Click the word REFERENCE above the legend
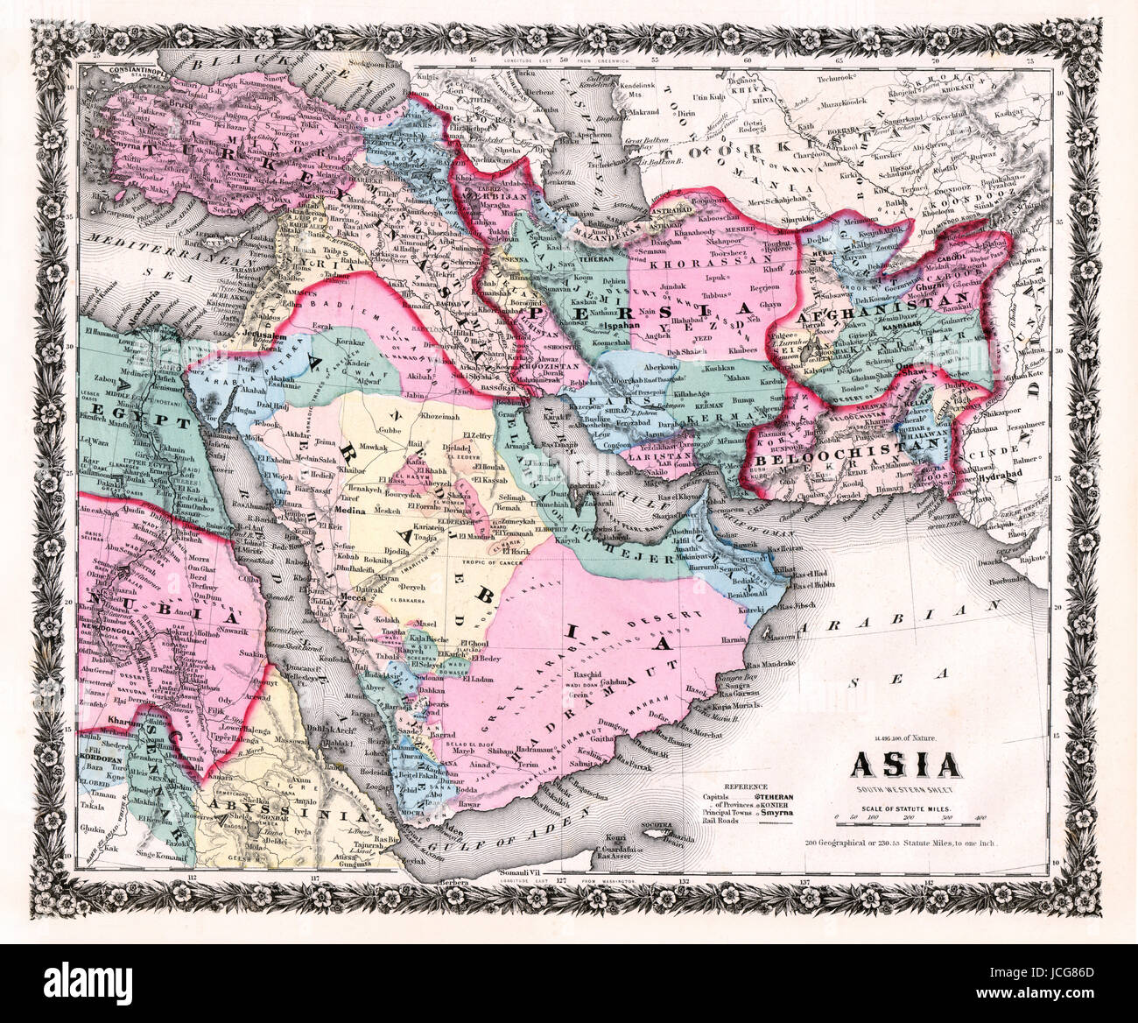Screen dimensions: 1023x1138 tap(740, 787)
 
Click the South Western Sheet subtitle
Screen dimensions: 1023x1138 tap(904, 792)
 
